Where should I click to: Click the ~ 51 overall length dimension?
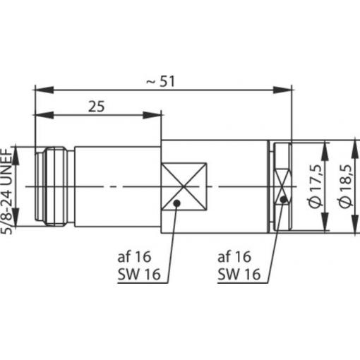[x=160, y=81]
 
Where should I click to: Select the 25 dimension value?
[x=96, y=107]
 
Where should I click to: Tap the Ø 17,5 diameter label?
[x=316, y=186]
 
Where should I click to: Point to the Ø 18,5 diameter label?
[x=345, y=186]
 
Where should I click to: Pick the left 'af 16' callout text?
[x=134, y=256]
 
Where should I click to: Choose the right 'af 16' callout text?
[x=234, y=256]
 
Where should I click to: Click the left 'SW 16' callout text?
[x=139, y=274]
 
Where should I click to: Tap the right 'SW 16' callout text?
[x=239, y=274]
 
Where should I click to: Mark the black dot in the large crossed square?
[x=176, y=203]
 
